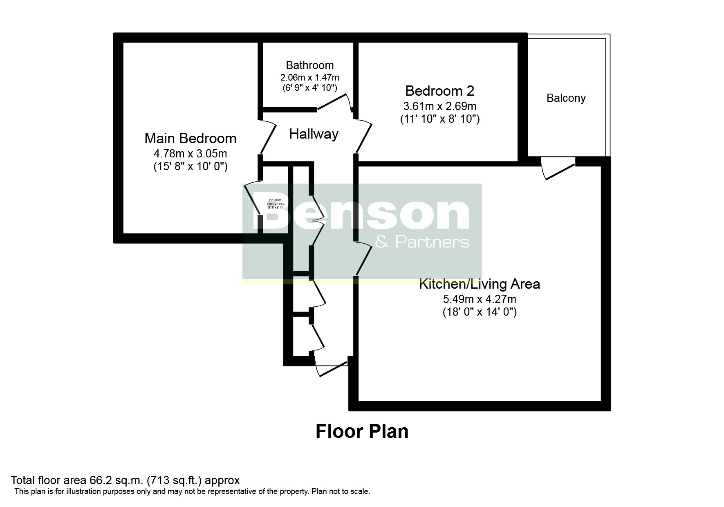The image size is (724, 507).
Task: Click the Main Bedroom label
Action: (x=190, y=138)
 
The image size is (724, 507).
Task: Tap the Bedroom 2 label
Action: (x=439, y=90)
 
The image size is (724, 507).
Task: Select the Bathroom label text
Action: (x=309, y=65)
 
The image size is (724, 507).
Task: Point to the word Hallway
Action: (x=314, y=134)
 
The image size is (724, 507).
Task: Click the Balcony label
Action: (x=566, y=98)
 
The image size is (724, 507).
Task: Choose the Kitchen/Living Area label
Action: (x=479, y=284)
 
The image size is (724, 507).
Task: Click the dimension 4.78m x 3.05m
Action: (x=190, y=154)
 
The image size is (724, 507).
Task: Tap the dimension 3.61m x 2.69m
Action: (x=439, y=106)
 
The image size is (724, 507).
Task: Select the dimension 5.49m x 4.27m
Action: (x=479, y=299)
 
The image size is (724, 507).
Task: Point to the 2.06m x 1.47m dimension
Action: (x=309, y=77)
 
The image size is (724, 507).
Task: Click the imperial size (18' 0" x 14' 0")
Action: (x=479, y=312)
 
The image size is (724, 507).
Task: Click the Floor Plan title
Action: (x=362, y=432)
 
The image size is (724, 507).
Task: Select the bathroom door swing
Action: (x=333, y=102)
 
